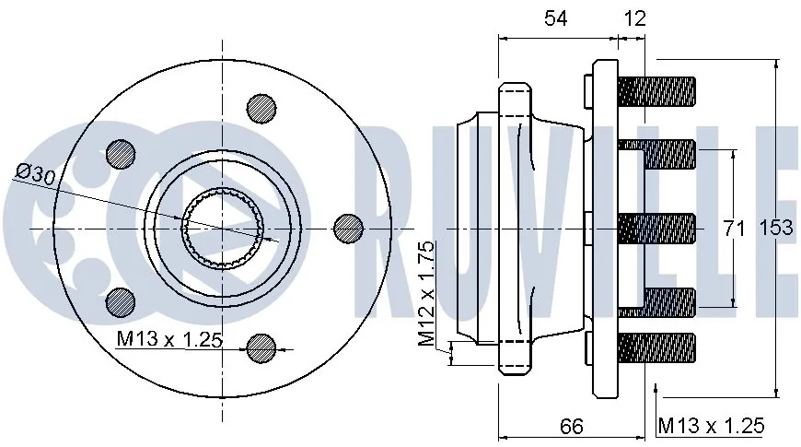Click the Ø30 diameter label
(x=36, y=174)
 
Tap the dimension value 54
(x=556, y=18)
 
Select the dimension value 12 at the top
(x=635, y=18)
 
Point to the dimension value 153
(x=776, y=227)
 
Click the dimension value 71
(x=735, y=228)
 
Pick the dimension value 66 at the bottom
(x=571, y=426)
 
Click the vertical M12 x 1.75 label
(x=426, y=293)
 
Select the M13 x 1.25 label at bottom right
(x=711, y=426)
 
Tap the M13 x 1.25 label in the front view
(x=169, y=338)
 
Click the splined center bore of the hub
(x=223, y=228)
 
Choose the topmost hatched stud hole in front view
(x=261, y=109)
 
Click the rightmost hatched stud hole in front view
(x=348, y=228)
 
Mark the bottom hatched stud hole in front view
(x=261, y=348)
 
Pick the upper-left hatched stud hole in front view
(x=121, y=153)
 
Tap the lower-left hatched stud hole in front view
(x=121, y=302)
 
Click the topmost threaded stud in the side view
(x=657, y=92)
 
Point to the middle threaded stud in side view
(x=657, y=228)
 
